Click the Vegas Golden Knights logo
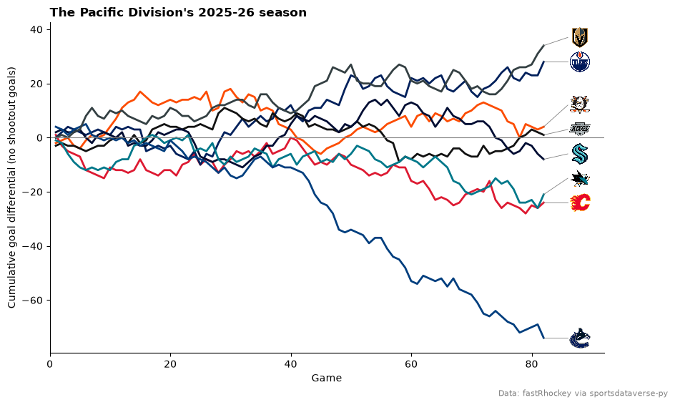coord(579,37)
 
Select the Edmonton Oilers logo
coord(579,62)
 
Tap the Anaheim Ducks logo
coord(579,104)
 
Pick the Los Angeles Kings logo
coord(580,128)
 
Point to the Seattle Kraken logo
coord(580,154)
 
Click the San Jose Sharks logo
coord(580,179)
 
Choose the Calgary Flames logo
coord(580,202)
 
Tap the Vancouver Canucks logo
coord(579,338)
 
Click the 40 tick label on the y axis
coord(36,30)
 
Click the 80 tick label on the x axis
coord(532,364)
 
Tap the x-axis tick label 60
coord(412,364)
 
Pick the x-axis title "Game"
coord(327,378)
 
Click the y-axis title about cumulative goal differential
coord(11,187)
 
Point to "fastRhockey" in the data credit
coord(547,393)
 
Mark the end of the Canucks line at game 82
coord(544,338)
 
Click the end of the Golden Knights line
coord(544,45)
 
